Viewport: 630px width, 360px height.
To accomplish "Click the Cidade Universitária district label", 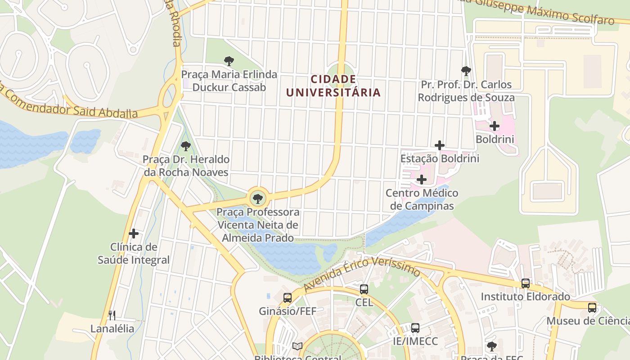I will click(x=333, y=86).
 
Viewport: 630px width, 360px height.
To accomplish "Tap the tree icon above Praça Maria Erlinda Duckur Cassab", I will click(x=229, y=61).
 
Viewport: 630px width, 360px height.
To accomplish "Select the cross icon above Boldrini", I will click(x=495, y=126).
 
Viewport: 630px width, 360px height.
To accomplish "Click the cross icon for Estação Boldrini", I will click(x=440, y=145).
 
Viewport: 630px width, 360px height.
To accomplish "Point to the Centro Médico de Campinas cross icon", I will click(x=422, y=180).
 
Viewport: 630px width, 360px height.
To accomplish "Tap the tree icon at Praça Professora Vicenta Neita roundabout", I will click(x=258, y=198).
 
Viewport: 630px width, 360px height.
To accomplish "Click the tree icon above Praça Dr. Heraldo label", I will click(x=185, y=146).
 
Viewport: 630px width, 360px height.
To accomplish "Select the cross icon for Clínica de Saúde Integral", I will click(x=134, y=234).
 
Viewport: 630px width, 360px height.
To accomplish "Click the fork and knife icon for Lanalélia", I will click(x=112, y=315).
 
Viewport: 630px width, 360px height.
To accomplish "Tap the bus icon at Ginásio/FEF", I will click(x=288, y=297).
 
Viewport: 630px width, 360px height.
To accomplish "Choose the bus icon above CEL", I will click(x=364, y=289).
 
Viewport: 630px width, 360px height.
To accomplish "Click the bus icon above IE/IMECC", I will click(x=415, y=328).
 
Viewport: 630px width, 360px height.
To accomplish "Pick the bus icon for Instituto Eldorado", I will click(x=525, y=283).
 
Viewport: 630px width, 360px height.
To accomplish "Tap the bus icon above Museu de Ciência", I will click(x=592, y=308).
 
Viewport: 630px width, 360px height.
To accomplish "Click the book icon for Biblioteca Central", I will click(x=297, y=346).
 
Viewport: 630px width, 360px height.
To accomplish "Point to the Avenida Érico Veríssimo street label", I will click(x=362, y=273).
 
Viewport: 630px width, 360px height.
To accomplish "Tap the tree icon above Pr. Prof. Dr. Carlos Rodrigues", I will click(x=466, y=71).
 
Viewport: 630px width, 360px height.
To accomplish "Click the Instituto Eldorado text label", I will click(x=525, y=297).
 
